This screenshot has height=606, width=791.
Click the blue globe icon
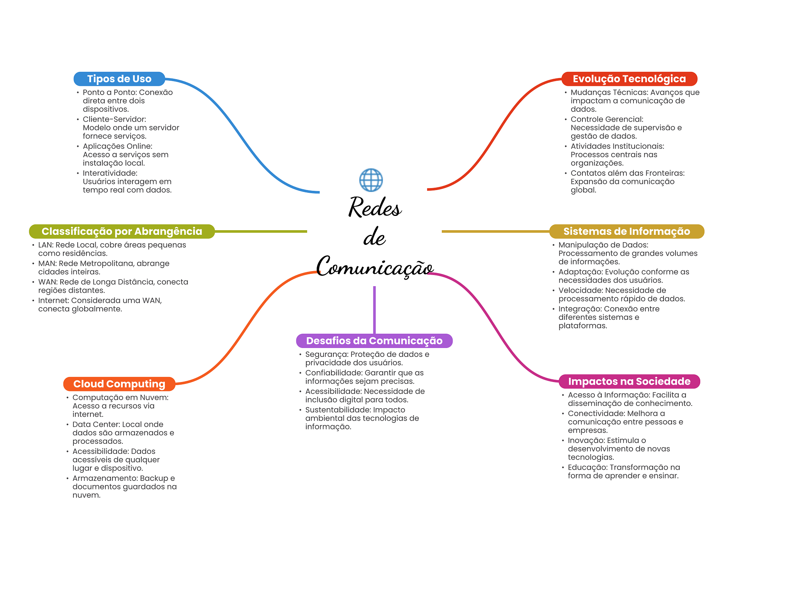click(371, 180)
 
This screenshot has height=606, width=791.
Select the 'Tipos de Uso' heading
click(119, 79)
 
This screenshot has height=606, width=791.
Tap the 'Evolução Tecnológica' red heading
click(629, 79)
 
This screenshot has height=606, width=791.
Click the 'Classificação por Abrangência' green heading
click(122, 231)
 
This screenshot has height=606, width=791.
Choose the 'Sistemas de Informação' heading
click(627, 231)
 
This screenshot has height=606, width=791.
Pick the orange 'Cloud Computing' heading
click(119, 384)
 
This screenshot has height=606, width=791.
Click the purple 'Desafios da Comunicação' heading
click(374, 341)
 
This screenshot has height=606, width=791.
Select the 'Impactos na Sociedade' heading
click(629, 381)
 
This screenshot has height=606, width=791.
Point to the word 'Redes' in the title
click(375, 207)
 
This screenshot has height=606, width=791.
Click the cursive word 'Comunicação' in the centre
click(375, 267)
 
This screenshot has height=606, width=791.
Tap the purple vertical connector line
click(374, 310)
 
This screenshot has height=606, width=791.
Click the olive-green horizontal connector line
click(261, 231)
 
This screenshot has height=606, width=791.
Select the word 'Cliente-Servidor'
click(114, 119)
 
